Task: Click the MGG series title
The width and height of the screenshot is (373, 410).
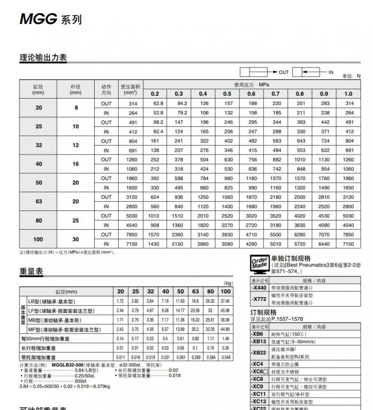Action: click(50, 19)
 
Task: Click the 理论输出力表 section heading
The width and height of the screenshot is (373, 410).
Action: click(43, 58)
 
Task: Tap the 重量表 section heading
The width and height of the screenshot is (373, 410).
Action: click(31, 271)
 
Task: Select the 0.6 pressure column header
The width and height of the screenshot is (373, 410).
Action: click(251, 94)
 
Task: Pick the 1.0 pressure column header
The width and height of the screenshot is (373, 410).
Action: click(349, 94)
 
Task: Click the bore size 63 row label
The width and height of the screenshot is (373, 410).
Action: click(39, 201)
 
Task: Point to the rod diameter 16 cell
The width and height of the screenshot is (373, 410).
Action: click(76, 164)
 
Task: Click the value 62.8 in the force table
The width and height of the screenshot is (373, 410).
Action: click(157, 104)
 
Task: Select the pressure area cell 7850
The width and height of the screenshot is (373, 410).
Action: click(131, 235)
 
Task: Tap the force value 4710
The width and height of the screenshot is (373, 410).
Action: click(251, 235)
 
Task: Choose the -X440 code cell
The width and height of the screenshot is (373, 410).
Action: click(260, 288)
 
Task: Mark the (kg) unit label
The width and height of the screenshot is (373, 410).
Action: click(228, 283)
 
